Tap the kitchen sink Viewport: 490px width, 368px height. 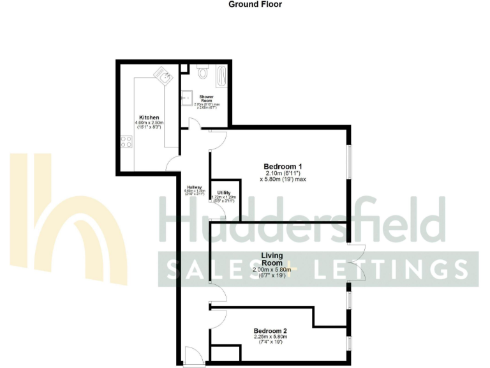(x=166, y=77)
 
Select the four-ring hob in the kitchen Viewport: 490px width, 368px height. (x=126, y=142)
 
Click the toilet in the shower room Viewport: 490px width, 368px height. (x=203, y=72)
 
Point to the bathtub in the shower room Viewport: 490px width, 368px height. (x=222, y=77)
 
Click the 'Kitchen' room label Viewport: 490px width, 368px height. (x=149, y=118)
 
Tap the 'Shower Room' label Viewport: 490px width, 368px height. (x=206, y=98)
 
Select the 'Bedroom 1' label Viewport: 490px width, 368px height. (x=283, y=166)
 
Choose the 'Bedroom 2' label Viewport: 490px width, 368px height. (x=272, y=330)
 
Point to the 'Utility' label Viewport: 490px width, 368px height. (x=223, y=192)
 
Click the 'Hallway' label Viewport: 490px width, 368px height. (x=194, y=187)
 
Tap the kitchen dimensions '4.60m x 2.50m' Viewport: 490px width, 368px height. (x=149, y=123)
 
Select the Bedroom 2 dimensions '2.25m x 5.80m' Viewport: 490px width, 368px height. (x=272, y=337)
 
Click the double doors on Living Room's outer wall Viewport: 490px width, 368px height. (x=357, y=261)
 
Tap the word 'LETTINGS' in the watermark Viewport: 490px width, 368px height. (x=405, y=269)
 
